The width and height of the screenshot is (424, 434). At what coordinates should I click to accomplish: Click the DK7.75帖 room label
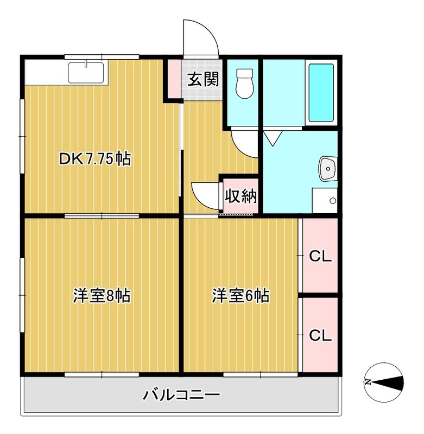94,159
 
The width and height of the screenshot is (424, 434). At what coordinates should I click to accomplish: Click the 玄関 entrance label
204,80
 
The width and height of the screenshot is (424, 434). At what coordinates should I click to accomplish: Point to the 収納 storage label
241,196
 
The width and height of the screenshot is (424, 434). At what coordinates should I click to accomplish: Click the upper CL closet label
320,257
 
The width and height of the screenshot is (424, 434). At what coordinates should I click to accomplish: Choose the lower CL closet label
320,335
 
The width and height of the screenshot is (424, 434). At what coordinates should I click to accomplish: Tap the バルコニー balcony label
182,395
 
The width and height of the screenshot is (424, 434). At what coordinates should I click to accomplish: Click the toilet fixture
245,84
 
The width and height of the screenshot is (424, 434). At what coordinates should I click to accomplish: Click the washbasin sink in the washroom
328,168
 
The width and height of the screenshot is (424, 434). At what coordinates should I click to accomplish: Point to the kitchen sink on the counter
86,72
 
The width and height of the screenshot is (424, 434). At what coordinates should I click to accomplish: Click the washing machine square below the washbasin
325,200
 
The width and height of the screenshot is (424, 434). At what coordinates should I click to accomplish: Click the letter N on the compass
368,382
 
